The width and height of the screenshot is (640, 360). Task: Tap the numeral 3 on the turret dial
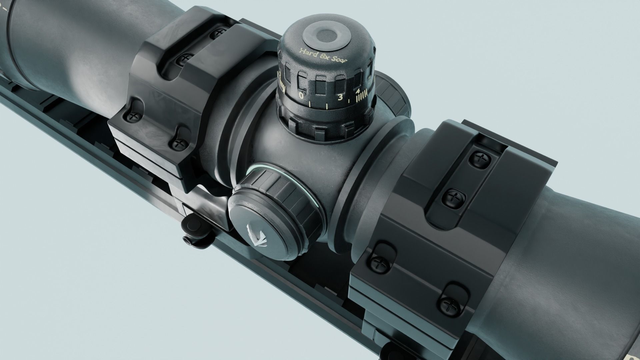tap(340, 97)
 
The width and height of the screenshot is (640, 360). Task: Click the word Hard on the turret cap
tap(306, 52)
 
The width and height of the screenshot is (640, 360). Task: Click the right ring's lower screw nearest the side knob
tap(379, 261)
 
